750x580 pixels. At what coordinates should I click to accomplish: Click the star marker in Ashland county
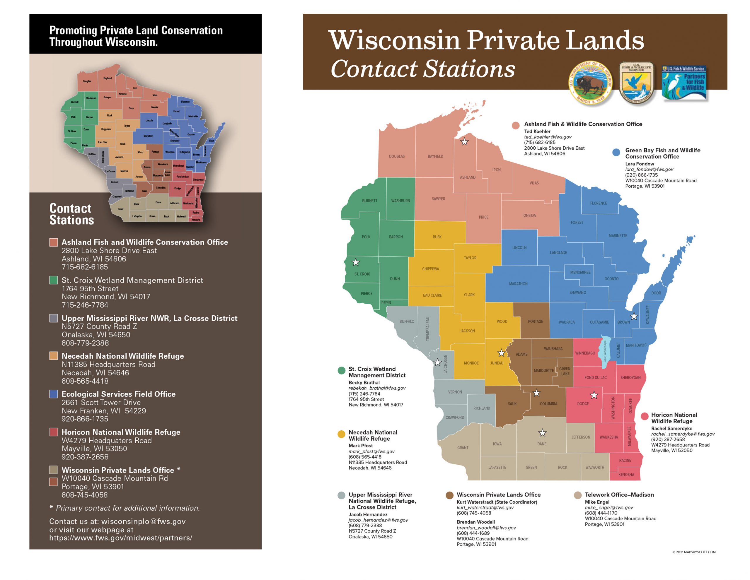point(464,142)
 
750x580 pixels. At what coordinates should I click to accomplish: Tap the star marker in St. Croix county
point(356,263)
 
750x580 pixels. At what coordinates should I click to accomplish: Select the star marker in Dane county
point(542,433)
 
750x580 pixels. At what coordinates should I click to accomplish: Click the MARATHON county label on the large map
point(518,284)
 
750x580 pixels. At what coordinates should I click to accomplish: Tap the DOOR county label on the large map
point(656,293)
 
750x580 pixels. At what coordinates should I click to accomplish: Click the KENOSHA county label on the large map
point(626,475)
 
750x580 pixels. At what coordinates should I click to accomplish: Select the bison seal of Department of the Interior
point(590,83)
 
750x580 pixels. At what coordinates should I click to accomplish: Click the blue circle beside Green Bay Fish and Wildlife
point(616,152)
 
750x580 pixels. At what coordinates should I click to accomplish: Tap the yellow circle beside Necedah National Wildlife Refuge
point(341,434)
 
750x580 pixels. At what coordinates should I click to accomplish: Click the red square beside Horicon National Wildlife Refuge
point(54,432)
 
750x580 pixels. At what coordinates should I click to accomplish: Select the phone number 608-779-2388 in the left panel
point(85,343)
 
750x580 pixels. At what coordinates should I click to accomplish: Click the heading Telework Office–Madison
point(619,495)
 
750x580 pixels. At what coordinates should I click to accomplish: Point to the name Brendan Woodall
point(475,522)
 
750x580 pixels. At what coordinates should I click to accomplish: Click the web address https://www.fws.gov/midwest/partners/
point(120,538)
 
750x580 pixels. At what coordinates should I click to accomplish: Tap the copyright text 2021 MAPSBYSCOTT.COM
point(694,552)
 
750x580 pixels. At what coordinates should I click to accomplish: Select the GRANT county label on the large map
point(463,448)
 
